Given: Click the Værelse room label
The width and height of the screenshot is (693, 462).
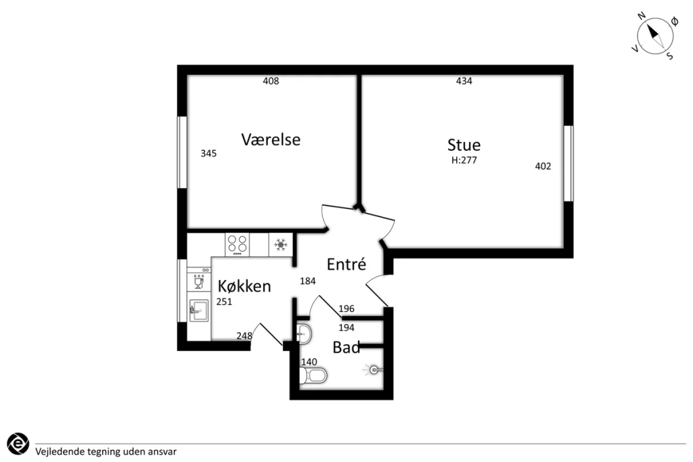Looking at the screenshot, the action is click(271, 139).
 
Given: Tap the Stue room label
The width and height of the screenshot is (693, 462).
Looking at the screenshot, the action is click(464, 145).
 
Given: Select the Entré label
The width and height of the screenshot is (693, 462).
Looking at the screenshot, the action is click(346, 264).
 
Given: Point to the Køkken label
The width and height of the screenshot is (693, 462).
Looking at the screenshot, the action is click(244, 286).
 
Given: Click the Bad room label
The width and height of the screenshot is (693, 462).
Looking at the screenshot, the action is click(346, 348).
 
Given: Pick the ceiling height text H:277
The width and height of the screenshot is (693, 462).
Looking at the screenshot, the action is click(464, 160).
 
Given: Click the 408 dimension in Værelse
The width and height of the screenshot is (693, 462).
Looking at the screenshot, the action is click(271, 80).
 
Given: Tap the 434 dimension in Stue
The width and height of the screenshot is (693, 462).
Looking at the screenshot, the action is click(464, 80).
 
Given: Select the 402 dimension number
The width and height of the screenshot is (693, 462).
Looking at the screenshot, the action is click(543, 166).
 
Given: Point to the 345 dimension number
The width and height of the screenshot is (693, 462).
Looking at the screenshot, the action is click(208, 154).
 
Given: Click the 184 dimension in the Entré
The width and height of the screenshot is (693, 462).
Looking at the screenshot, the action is click(308, 281).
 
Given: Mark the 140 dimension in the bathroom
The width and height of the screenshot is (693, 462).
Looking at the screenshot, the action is click(309, 362).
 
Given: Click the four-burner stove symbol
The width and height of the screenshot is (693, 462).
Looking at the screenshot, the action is click(237, 244).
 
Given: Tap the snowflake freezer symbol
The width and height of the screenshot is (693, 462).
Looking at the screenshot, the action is click(281, 244).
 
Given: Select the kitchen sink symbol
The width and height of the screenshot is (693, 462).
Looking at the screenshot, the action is click(199, 311).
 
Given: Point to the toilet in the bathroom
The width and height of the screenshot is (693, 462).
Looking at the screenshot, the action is click(313, 376).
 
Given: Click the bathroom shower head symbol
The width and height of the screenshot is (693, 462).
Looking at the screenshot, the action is click(373, 370).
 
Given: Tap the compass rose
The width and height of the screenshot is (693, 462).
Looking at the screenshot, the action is click(655, 37).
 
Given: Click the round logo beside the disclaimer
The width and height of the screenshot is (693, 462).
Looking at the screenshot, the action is click(18, 444).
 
